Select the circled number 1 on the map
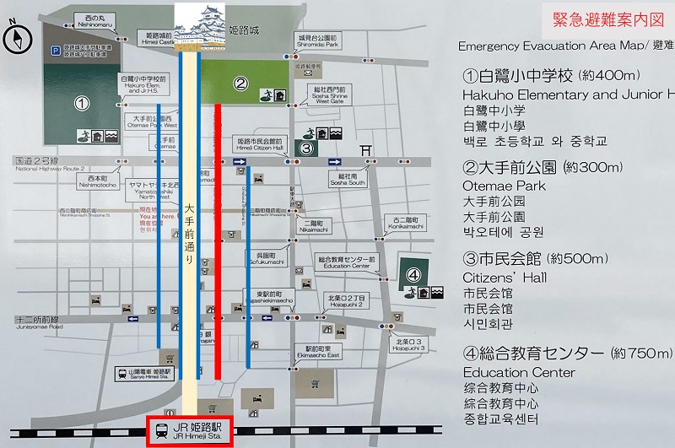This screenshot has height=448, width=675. [x=82, y=104]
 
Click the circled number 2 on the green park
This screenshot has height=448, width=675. [x=240, y=83]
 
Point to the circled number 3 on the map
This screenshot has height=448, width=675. [x=307, y=149]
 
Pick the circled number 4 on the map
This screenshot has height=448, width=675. [x=413, y=274]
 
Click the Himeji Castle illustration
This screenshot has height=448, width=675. [x=202, y=27]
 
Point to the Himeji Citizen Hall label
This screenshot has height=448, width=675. [x=262, y=146]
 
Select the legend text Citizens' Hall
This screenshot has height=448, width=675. [x=505, y=277]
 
